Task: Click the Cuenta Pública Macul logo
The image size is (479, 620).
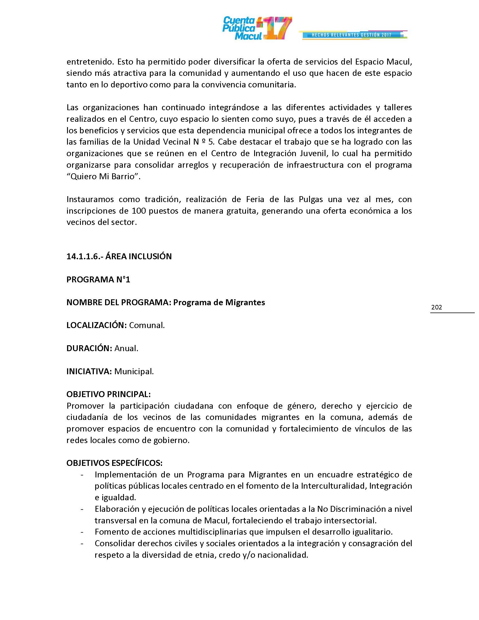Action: (x=256, y=28)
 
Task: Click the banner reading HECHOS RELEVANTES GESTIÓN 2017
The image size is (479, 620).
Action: (x=352, y=35)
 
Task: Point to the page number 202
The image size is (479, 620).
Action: (x=436, y=307)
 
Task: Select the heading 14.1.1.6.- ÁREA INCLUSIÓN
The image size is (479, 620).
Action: (x=119, y=256)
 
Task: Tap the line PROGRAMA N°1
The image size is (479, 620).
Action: (x=98, y=280)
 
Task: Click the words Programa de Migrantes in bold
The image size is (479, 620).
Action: (x=219, y=302)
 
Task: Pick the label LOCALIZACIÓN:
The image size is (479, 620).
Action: (x=96, y=325)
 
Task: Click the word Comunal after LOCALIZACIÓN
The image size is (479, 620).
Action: (x=147, y=325)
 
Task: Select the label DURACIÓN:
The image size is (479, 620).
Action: (x=89, y=348)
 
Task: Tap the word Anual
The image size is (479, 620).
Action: (x=126, y=348)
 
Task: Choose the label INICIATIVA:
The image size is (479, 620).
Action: (x=89, y=371)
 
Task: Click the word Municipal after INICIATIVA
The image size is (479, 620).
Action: (x=134, y=371)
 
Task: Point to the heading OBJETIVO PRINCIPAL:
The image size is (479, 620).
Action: (x=108, y=394)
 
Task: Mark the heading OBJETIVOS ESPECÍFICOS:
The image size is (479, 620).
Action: (x=114, y=463)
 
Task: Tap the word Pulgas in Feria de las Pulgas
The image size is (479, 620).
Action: (x=311, y=199)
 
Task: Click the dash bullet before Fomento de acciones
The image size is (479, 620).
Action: (x=82, y=532)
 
